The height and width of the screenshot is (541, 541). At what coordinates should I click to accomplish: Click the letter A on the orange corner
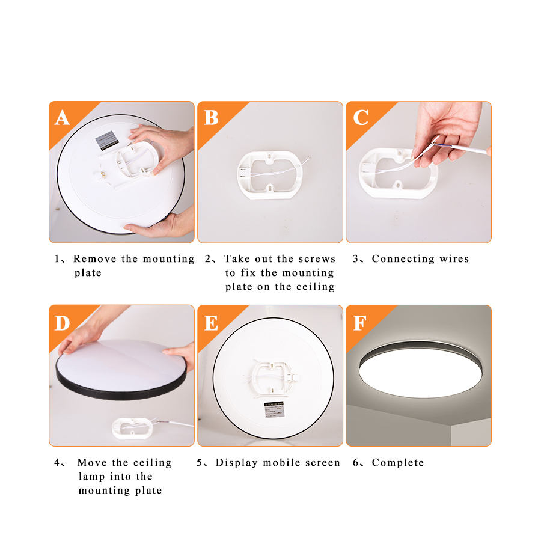[x=62, y=118]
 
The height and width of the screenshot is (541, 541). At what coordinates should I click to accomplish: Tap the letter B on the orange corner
[x=211, y=118]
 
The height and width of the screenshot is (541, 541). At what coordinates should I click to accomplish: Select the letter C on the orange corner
[x=360, y=118]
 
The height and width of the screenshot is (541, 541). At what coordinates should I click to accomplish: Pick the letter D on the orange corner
[x=62, y=323]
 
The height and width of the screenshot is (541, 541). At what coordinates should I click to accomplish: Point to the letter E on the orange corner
[x=211, y=323]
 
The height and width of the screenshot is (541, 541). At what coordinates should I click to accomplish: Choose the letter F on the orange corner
[x=359, y=323]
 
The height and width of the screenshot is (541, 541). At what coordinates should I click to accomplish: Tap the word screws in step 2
[x=317, y=259]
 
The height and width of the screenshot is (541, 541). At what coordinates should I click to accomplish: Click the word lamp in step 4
[x=92, y=477]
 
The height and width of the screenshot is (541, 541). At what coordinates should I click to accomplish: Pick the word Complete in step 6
[x=397, y=463]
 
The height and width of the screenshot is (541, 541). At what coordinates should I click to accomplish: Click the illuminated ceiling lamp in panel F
[x=418, y=370]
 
